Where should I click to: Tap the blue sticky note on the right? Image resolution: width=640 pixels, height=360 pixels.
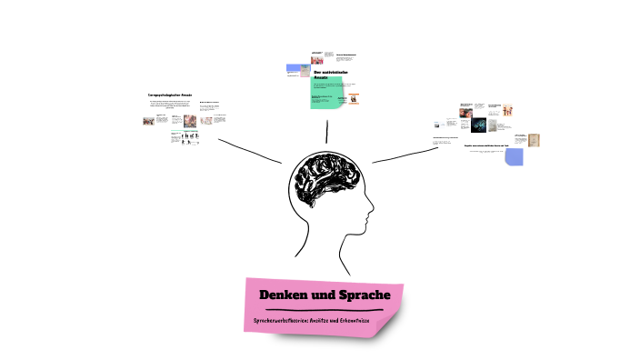(514, 156)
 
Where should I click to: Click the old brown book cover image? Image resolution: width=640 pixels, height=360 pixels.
(533, 140)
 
